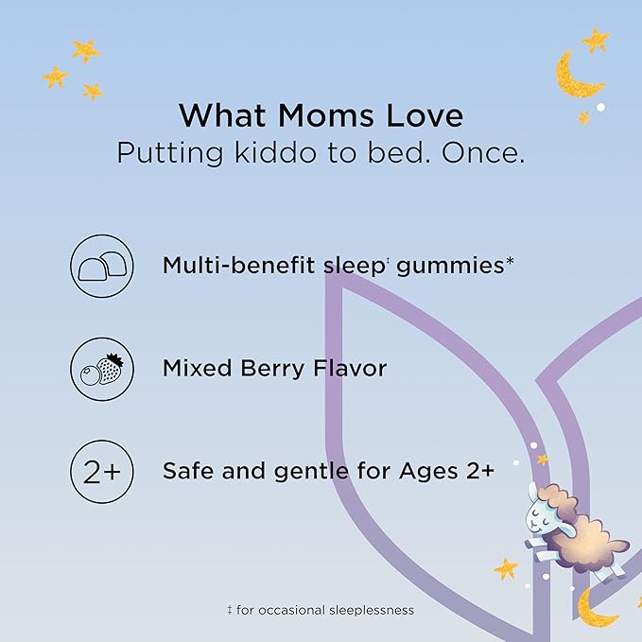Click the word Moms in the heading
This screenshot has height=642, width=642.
(326, 115)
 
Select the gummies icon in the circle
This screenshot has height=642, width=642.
(102, 266)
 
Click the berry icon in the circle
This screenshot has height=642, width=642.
(102, 369)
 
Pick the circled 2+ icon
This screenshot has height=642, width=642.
(102, 472)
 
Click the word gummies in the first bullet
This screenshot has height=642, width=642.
(450, 267)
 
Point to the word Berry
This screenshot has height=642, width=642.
(272, 369)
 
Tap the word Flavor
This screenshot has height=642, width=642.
(350, 368)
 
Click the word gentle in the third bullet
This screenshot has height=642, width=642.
(311, 472)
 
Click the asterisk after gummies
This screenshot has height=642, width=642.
(510, 261)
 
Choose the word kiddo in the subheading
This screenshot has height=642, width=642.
(275, 153)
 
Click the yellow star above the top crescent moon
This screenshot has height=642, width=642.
(596, 40)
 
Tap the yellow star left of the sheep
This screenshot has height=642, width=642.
(506, 568)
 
